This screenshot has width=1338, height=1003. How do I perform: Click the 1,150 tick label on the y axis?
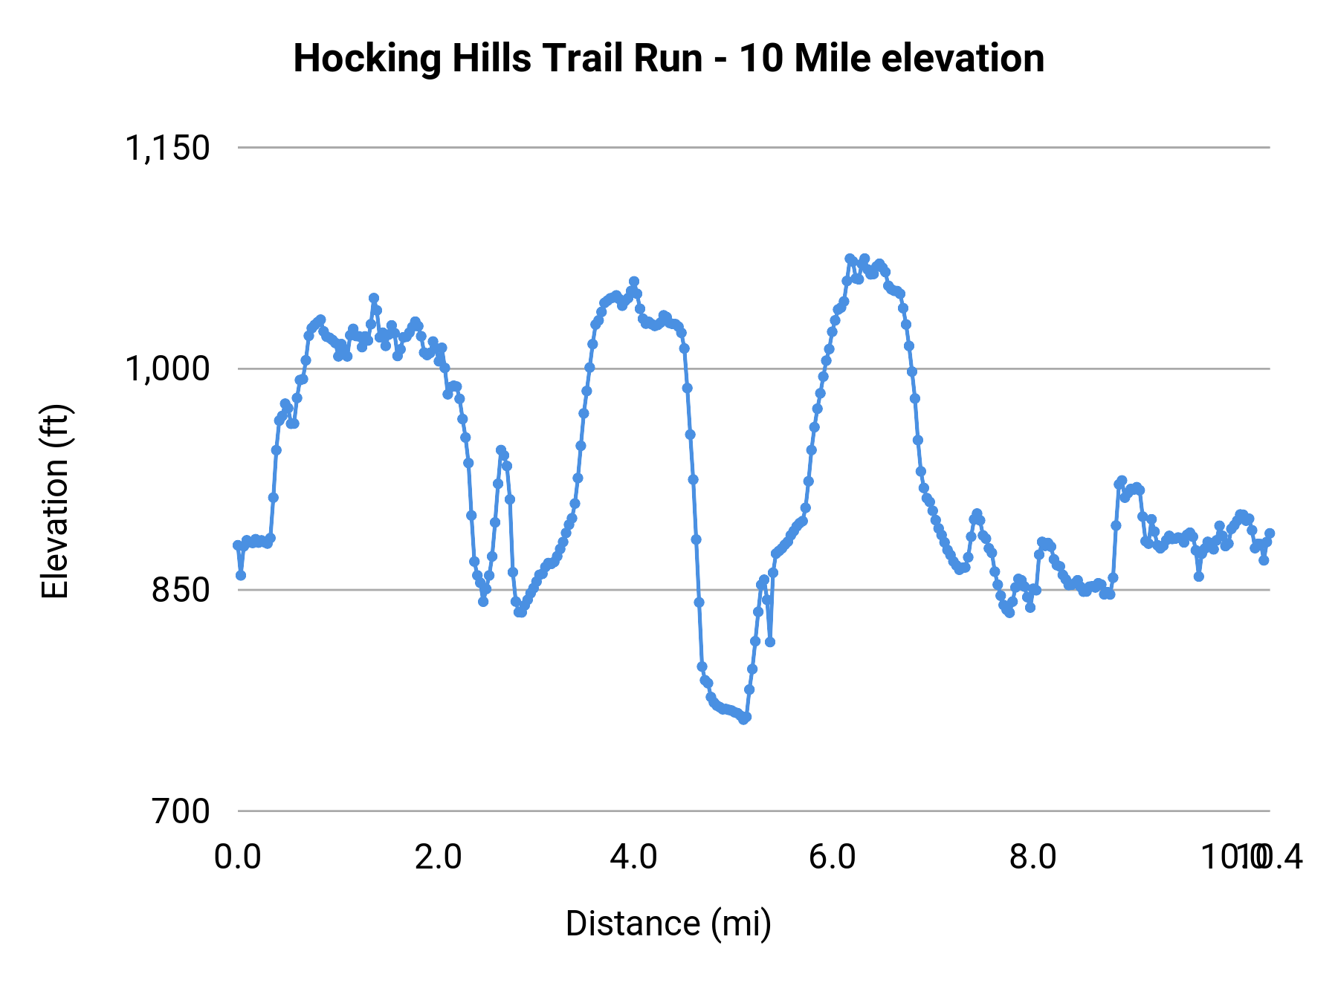pyautogui.click(x=167, y=148)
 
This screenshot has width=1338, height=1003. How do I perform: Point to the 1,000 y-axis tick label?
pyautogui.click(x=167, y=369)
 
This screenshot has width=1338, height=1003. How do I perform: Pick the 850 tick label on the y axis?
pyautogui.click(x=181, y=590)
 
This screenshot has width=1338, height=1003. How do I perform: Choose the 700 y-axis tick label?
pyautogui.click(x=181, y=811)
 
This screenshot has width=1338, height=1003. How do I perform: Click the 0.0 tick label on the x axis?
pyautogui.click(x=238, y=857)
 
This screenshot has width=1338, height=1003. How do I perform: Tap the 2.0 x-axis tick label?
pyautogui.click(x=438, y=857)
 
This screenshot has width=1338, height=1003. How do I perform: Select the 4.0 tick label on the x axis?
pyautogui.click(x=633, y=857)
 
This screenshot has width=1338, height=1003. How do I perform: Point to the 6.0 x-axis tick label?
pyautogui.click(x=833, y=857)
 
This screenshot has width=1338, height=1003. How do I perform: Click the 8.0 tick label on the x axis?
pyautogui.click(x=1032, y=857)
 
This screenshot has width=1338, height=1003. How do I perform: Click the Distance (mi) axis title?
pyautogui.click(x=668, y=924)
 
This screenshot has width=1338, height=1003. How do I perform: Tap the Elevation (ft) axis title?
pyautogui.click(x=54, y=501)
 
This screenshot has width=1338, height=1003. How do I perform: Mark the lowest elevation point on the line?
pyautogui.click(x=743, y=719)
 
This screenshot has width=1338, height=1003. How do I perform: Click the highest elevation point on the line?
pyautogui.click(x=850, y=259)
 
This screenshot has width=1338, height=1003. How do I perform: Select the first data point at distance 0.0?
pyautogui.click(x=238, y=545)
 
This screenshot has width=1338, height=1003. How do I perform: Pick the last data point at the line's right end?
pyautogui.click(x=1270, y=533)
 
